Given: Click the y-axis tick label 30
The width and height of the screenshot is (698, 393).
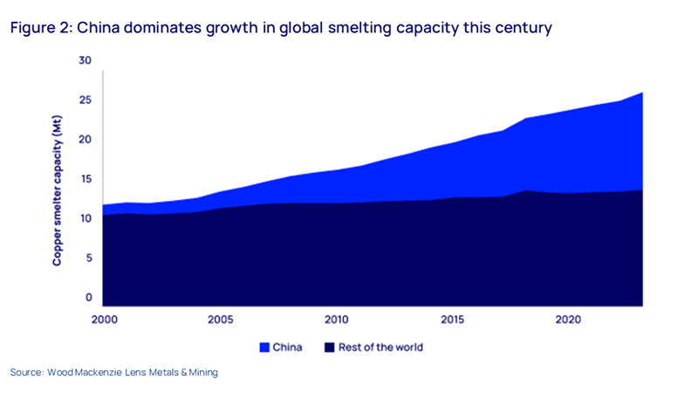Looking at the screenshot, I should tap(84, 60).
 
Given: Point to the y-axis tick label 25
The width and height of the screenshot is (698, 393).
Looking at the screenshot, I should tap(84, 100).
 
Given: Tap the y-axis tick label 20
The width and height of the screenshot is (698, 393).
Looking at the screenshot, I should tap(84, 140).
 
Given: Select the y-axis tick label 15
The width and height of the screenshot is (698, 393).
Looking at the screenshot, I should tap(84, 179).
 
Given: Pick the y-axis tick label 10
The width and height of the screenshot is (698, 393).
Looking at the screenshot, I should tap(84, 218).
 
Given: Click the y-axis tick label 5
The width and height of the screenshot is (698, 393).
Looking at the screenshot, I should tap(86, 259).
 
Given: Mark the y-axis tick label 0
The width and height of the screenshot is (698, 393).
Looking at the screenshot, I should tap(86, 298).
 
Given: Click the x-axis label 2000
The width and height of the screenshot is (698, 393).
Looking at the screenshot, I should tap(104, 319).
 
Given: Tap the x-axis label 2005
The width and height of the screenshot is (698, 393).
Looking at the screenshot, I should tap(221, 319).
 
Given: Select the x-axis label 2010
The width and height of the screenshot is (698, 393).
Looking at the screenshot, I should tap(337, 319).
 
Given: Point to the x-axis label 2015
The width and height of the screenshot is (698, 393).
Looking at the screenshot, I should tap(453, 319).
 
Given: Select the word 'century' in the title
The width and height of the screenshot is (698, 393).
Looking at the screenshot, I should tap(523, 29).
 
